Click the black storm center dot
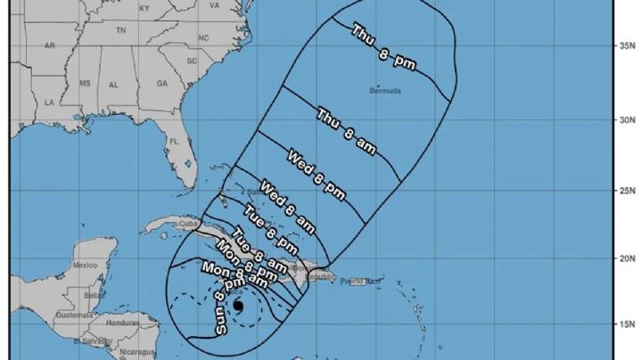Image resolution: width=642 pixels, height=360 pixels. coord(238,307)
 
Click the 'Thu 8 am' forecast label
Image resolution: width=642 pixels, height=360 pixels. coord(346,130)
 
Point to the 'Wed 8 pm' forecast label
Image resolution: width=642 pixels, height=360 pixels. coord(316,175)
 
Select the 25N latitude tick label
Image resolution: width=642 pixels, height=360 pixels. coord(627,190)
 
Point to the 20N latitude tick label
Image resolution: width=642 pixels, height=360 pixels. coord(627,258)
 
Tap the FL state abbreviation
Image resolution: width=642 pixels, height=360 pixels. coord(175,141)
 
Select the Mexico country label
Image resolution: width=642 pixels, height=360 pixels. coord(84,266)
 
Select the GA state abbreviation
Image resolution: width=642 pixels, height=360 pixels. coord(161,83)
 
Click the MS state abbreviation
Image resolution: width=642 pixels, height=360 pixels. coord(86,83)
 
